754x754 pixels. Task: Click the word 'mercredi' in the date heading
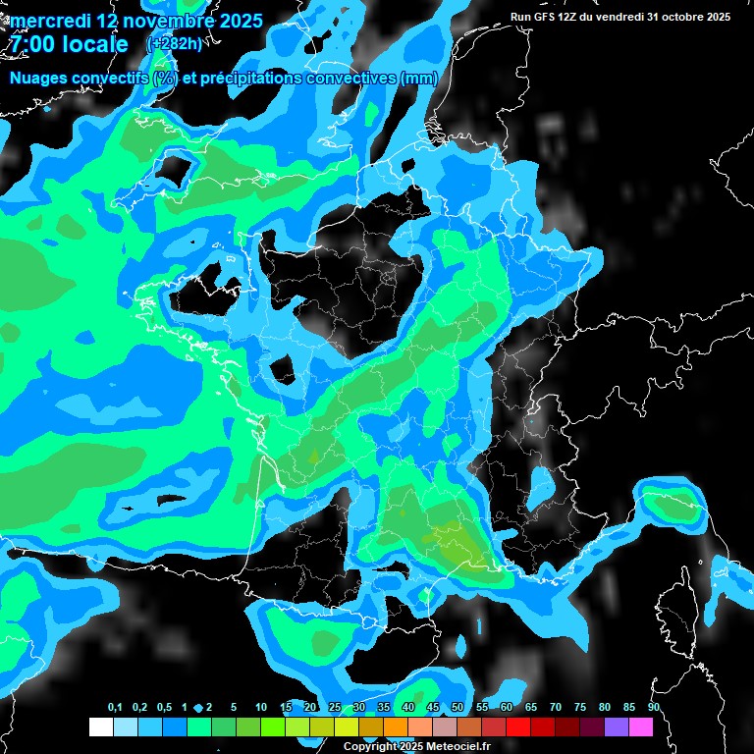click(50, 20)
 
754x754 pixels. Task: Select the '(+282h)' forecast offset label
click(174, 44)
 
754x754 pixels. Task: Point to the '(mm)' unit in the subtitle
click(418, 79)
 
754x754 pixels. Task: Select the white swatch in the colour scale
click(100, 727)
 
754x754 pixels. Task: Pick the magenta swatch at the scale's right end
click(641, 727)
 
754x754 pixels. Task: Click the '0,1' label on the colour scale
click(114, 708)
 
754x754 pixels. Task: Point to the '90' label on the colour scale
click(654, 708)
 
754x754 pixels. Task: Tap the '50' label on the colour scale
click(458, 708)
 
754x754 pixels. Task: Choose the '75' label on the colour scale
click(580, 708)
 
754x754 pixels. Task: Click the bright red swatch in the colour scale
click(518, 727)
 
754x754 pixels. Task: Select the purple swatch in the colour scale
click(617, 727)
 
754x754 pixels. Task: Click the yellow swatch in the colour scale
click(347, 727)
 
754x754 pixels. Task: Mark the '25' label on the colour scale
click(335, 708)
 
